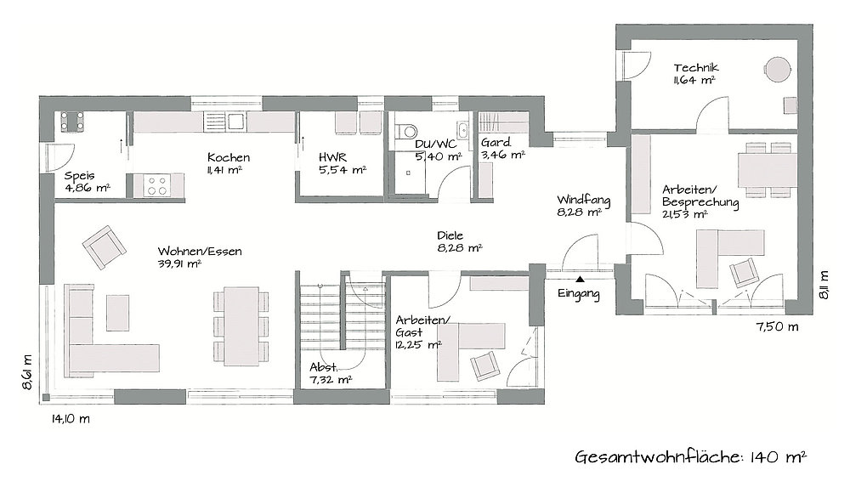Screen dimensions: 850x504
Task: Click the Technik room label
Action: [696, 68]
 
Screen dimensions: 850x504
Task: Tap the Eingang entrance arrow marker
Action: [580, 280]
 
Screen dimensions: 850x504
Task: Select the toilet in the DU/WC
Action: [405, 131]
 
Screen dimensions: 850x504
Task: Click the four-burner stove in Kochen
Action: [157, 185]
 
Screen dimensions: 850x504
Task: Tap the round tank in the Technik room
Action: [778, 69]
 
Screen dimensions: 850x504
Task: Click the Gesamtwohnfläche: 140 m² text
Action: [690, 457]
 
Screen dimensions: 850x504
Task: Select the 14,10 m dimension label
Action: [71, 419]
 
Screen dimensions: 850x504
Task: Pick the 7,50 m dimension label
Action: [778, 326]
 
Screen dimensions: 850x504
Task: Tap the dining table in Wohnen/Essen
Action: [241, 326]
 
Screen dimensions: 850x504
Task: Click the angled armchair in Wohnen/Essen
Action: [105, 247]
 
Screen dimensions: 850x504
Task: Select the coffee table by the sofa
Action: [117, 313]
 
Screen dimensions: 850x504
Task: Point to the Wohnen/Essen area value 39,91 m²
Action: [179, 264]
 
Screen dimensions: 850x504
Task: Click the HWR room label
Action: [333, 157]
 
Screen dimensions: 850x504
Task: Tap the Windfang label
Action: [583, 200]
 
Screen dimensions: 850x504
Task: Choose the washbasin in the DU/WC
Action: [463, 130]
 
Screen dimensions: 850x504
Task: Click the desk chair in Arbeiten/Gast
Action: [484, 365]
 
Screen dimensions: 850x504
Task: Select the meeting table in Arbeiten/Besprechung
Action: [767, 170]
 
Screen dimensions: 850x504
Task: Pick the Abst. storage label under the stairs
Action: [324, 366]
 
